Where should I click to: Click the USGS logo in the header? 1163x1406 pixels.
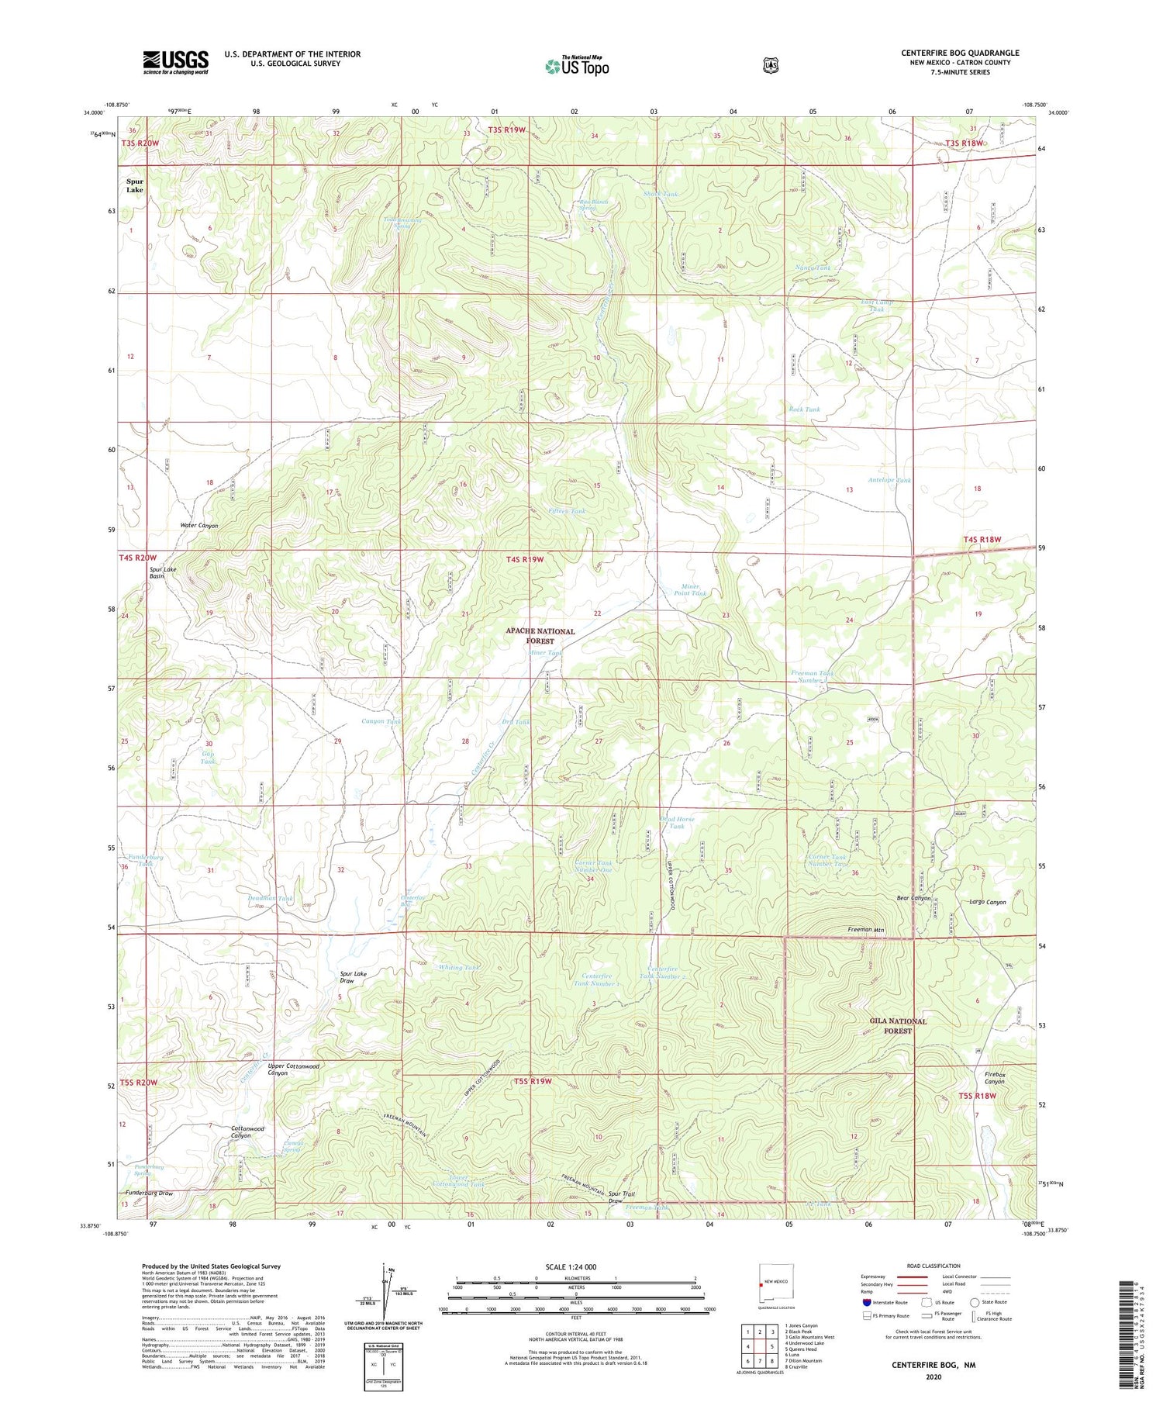click(x=175, y=62)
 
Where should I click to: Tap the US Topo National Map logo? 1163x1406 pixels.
click(x=577, y=66)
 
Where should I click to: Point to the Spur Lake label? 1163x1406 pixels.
click(x=135, y=186)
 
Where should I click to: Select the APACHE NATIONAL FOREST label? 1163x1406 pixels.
click(x=540, y=636)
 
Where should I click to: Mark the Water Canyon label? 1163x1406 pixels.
click(x=199, y=526)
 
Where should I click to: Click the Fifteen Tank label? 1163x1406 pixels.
click(x=567, y=511)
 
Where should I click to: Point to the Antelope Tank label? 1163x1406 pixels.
click(x=889, y=480)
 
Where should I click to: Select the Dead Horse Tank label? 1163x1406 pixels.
click(x=677, y=823)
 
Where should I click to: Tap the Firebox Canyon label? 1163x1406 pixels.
click(x=995, y=1077)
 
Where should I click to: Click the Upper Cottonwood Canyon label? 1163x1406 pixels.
click(x=293, y=1069)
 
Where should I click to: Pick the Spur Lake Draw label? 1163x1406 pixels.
click(x=353, y=977)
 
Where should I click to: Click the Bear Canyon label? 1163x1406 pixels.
click(x=913, y=898)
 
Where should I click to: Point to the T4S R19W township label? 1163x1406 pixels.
click(x=525, y=559)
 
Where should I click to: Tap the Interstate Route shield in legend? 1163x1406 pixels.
click(x=865, y=1302)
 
